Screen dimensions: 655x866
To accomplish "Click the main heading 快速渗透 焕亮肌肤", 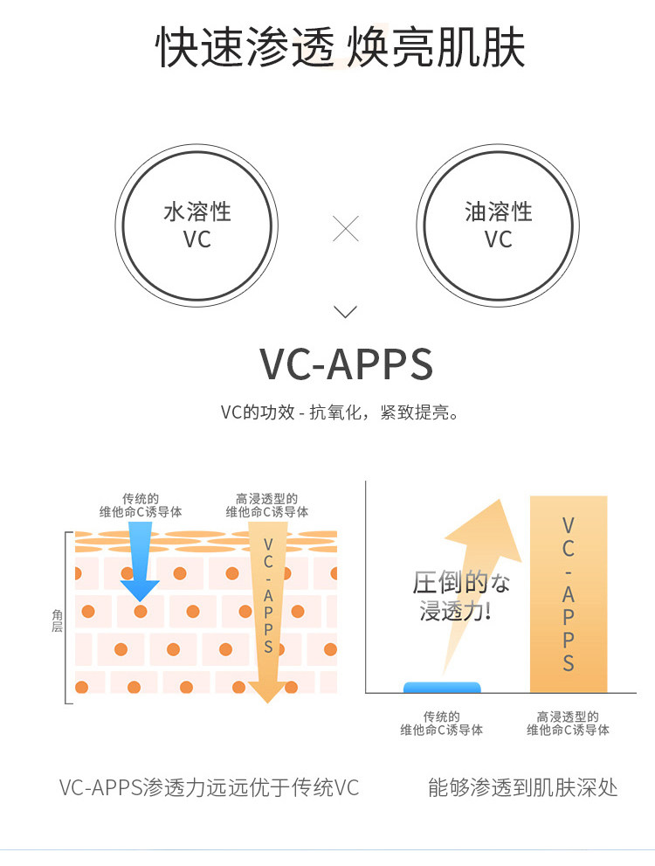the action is [x=340, y=47].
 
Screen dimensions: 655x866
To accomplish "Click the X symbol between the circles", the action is [x=346, y=229].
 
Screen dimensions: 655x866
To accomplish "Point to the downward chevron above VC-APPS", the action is [x=346, y=311].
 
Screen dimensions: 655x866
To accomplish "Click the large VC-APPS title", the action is [x=346, y=364].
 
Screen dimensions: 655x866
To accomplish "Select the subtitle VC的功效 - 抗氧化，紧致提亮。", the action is [x=340, y=412].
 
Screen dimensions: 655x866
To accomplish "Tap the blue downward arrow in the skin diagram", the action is [x=140, y=560].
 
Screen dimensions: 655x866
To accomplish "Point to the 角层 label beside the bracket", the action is [x=58, y=620].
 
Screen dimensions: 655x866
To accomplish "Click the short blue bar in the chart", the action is [x=442, y=687].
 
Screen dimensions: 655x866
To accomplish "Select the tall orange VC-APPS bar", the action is [x=569, y=593].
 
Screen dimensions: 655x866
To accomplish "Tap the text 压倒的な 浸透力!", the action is [x=461, y=597].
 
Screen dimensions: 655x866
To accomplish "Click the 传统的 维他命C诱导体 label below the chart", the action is [x=441, y=724].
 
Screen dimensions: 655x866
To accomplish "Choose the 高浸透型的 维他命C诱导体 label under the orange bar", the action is [x=568, y=724].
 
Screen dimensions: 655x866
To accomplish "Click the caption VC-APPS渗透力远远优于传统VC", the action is [x=209, y=787].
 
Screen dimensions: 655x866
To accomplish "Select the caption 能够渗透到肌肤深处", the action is [x=522, y=787].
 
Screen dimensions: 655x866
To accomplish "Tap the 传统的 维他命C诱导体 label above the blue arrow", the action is [x=140, y=505].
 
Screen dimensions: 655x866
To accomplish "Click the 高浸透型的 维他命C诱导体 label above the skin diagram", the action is [x=266, y=505].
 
